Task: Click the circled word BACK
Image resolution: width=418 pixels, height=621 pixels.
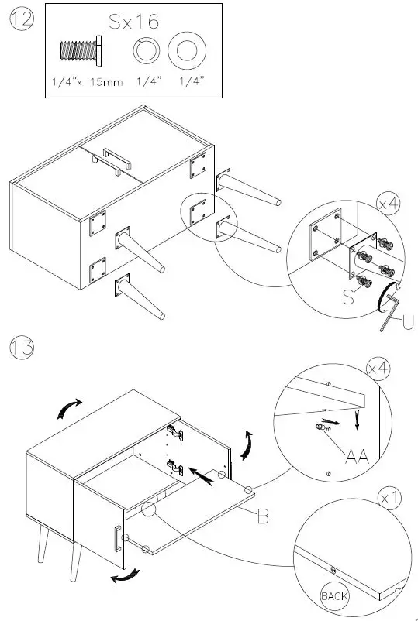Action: pos(334,596)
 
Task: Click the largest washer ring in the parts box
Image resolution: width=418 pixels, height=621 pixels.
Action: pos(187,52)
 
